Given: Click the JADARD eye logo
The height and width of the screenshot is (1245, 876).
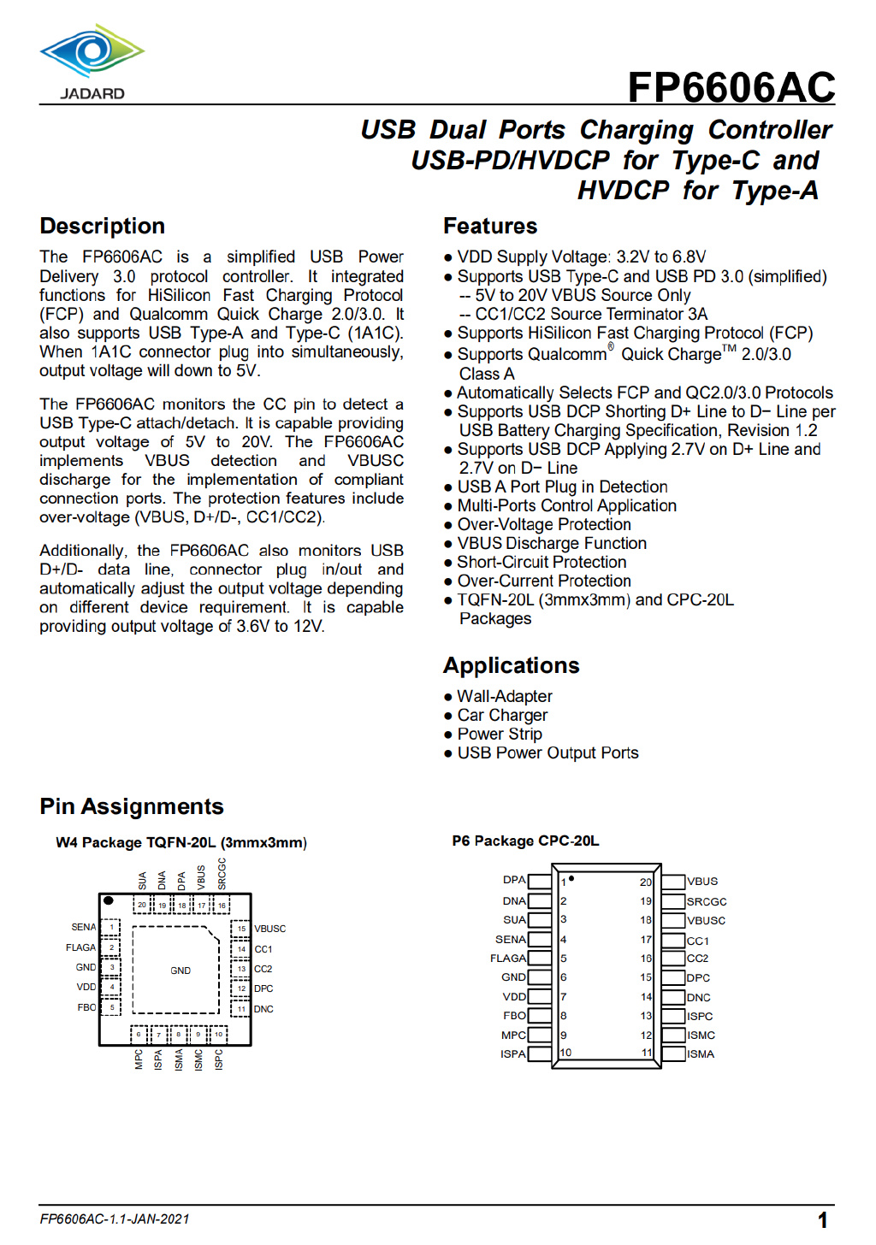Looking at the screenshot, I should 92,53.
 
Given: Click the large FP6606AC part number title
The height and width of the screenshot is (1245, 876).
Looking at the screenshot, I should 731,87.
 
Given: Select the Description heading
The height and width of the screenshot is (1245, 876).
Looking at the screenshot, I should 103,227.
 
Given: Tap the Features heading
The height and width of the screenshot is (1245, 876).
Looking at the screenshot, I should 490,227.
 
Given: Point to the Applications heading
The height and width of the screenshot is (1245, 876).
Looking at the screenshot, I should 511,666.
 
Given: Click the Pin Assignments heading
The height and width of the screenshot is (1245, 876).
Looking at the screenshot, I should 132,807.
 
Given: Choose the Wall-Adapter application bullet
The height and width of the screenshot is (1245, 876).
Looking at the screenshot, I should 504,697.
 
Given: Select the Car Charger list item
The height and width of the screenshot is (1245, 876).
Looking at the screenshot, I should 502,716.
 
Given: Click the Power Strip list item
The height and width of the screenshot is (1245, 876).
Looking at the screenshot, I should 500,735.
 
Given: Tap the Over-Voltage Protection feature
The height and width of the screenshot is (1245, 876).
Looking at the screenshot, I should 544,525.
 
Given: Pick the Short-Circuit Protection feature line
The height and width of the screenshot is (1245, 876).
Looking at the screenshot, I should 542,563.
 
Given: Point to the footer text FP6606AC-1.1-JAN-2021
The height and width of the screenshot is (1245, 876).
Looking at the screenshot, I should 115,1219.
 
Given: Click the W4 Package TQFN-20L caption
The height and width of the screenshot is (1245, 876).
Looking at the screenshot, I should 181,843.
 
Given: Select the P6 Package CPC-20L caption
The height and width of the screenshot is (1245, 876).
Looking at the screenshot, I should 525,841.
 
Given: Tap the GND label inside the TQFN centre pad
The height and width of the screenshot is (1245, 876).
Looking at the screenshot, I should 181,971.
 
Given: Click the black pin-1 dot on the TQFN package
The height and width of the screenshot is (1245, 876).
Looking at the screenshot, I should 109,900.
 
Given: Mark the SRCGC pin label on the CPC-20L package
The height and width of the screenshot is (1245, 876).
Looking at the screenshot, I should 707,902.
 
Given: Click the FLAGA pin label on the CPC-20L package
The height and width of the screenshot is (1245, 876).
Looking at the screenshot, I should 508,959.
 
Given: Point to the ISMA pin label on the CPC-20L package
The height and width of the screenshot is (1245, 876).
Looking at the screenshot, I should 701,1054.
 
